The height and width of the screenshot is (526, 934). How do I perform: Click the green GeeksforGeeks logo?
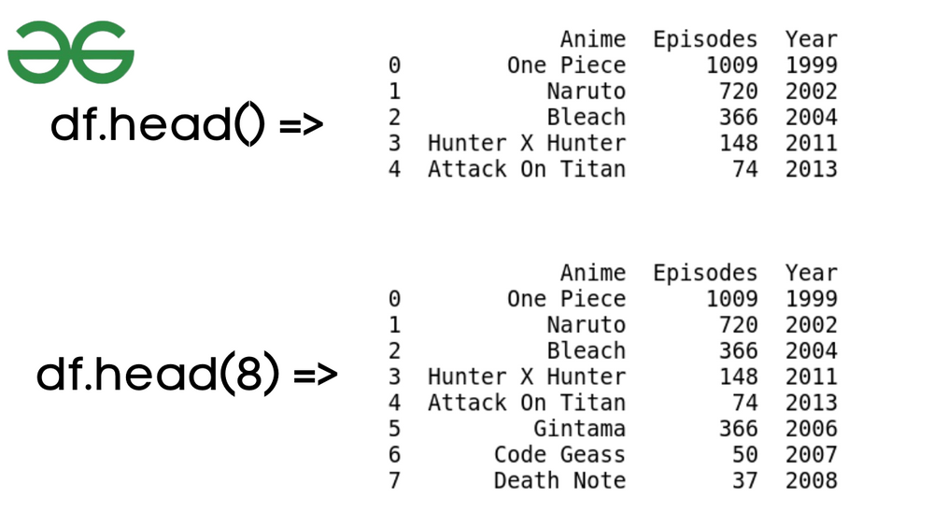(71, 52)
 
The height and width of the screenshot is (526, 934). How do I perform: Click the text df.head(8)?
(158, 373)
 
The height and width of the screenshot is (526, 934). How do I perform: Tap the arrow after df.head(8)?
(316, 375)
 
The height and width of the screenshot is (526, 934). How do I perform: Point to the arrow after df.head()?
(301, 124)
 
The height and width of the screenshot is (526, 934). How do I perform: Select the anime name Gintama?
(579, 428)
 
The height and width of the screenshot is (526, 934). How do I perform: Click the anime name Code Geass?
(559, 454)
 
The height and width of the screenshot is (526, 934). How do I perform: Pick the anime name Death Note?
(559, 480)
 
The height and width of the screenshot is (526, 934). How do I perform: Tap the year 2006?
(812, 428)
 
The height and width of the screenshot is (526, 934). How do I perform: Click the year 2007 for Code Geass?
(812, 454)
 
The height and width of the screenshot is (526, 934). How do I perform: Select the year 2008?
(812, 480)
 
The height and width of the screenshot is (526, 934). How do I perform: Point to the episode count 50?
(745, 454)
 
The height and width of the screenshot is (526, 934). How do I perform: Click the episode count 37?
(745, 480)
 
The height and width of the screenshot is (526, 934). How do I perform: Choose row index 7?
(394, 480)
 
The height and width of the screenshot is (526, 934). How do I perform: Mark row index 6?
(394, 454)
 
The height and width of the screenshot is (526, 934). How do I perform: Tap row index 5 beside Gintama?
(394, 428)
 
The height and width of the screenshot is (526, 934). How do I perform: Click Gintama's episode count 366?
(739, 428)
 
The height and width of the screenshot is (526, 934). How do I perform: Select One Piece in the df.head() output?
(567, 64)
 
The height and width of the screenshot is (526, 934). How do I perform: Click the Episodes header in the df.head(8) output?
(705, 273)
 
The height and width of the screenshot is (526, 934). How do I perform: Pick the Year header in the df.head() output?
(812, 39)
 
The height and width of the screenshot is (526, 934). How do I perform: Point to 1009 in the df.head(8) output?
(732, 298)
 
